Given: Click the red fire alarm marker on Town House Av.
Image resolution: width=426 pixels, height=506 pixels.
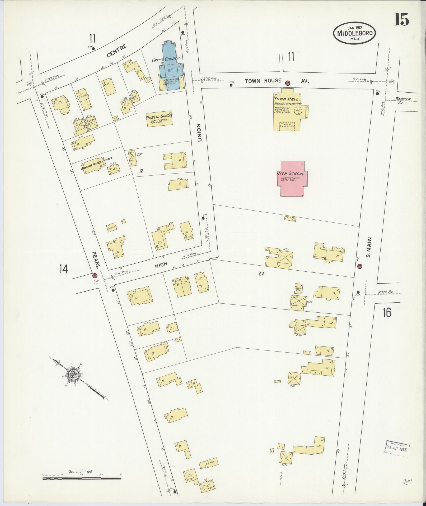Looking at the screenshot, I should pyautogui.click(x=288, y=83).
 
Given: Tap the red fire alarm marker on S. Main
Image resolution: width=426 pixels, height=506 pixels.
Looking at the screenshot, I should pyautogui.click(x=359, y=266).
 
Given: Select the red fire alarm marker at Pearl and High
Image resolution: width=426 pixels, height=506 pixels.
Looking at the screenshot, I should pyautogui.click(x=95, y=276).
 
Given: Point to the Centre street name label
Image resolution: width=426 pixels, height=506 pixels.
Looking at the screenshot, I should pyautogui.click(x=116, y=51).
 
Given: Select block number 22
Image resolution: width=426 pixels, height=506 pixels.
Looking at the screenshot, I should pyautogui.click(x=261, y=274).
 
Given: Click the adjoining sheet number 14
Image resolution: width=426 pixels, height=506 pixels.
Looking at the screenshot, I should pyautogui.click(x=64, y=269).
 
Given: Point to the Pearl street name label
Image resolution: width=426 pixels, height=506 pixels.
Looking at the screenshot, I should pyautogui.click(x=95, y=260).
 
